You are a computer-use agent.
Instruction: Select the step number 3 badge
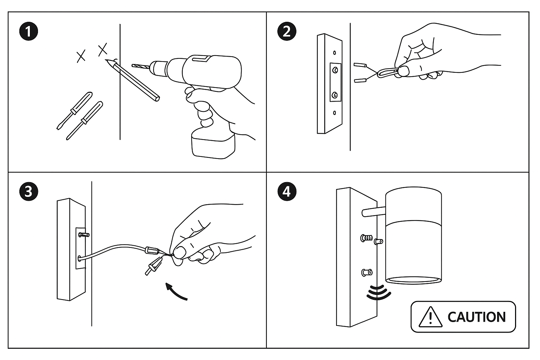[x=28, y=192]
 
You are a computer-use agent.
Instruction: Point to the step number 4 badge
[x=287, y=192]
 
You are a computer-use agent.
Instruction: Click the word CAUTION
[x=476, y=317]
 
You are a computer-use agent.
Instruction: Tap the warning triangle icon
[x=430, y=316]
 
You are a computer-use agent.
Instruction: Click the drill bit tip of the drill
[x=134, y=65]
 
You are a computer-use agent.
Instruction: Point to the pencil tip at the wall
[x=107, y=60]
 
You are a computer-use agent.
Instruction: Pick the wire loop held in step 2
[x=387, y=73]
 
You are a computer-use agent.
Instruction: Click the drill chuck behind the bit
[x=159, y=67]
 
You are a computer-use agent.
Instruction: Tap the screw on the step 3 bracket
[x=84, y=234]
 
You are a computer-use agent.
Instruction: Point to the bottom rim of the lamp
[x=413, y=280]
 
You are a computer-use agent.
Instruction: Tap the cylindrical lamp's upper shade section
[x=413, y=206]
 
